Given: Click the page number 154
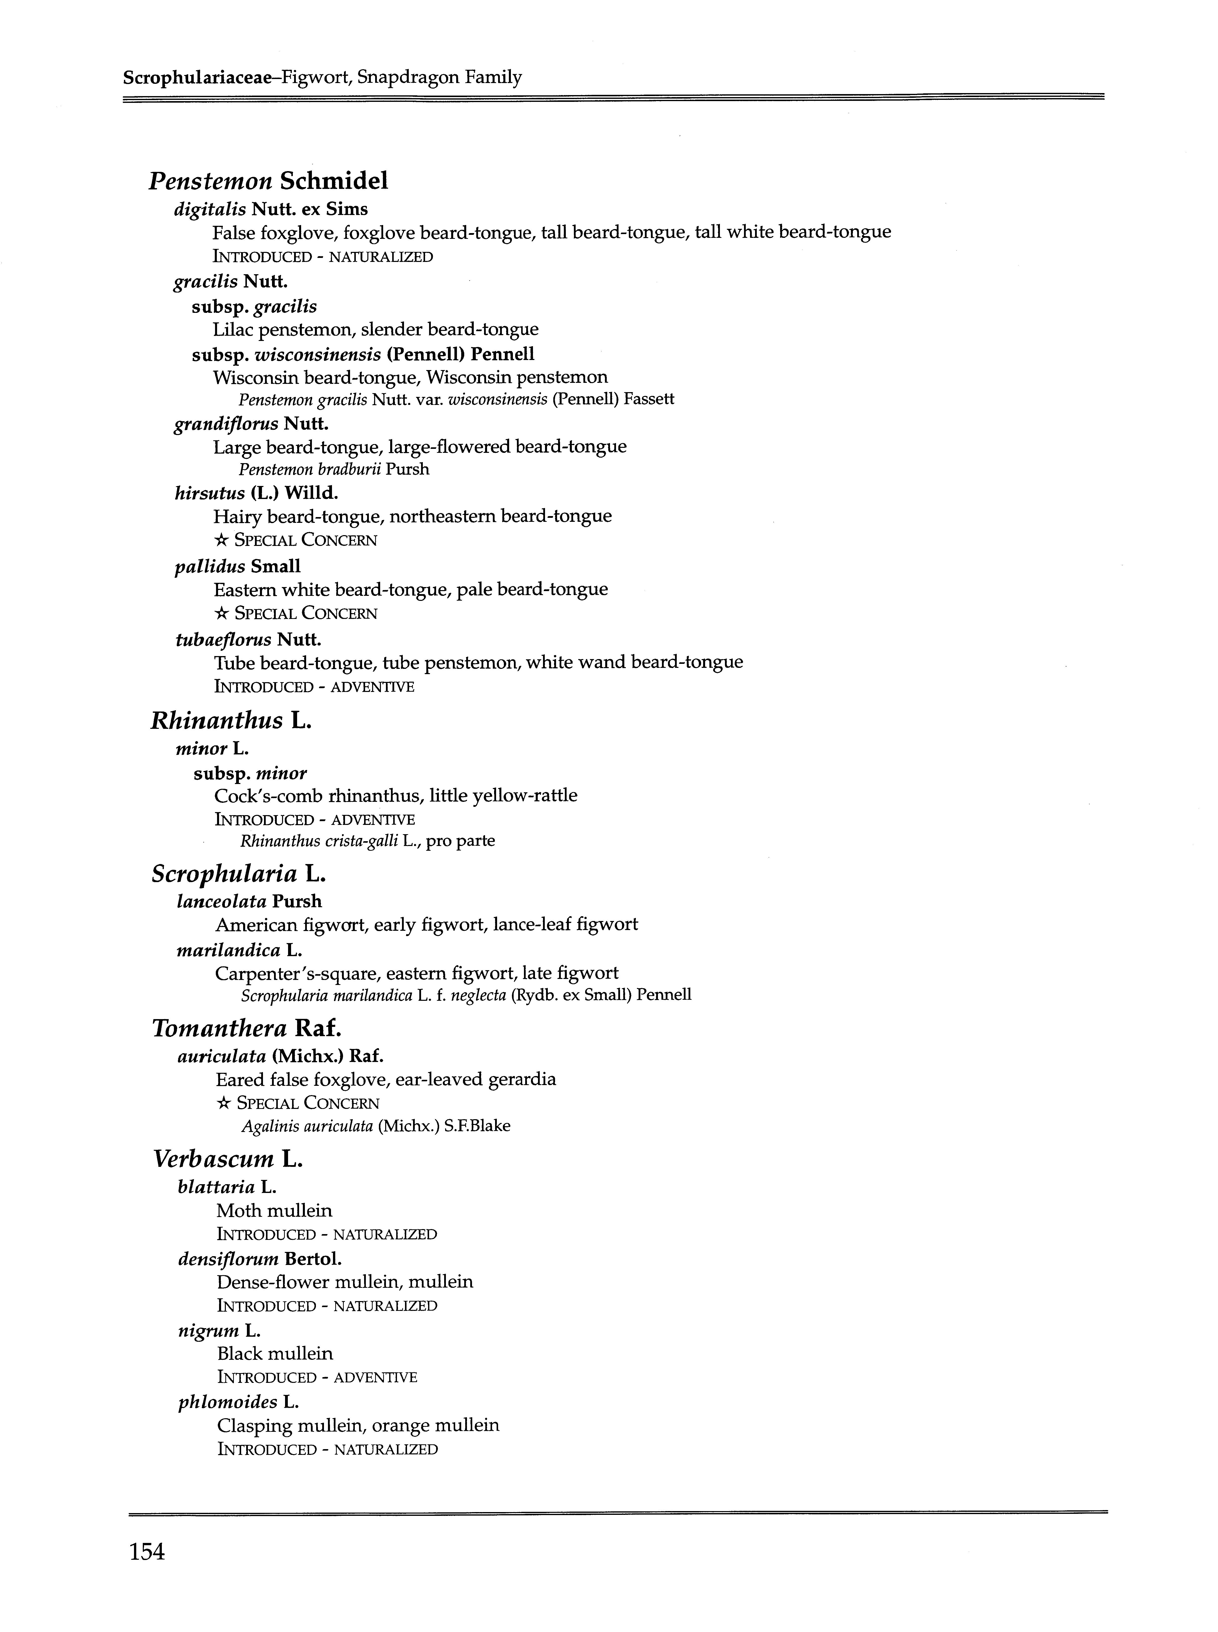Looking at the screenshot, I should pyautogui.click(x=147, y=1552).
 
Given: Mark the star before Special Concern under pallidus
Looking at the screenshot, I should pyautogui.click(x=220, y=613).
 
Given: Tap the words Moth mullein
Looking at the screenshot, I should pyautogui.click(x=274, y=1210).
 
